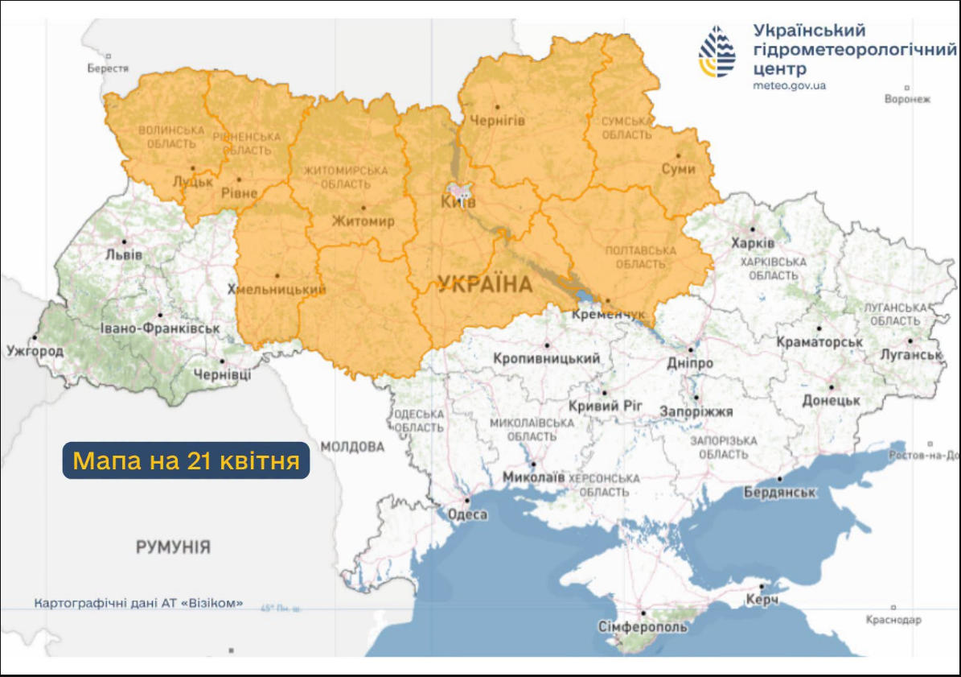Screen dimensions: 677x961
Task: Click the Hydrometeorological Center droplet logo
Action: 717,52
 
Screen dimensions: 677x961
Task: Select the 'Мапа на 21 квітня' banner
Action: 186,461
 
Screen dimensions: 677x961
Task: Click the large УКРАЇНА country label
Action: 485,284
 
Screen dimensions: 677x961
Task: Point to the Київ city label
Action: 458,202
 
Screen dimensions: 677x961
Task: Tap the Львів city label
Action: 123,254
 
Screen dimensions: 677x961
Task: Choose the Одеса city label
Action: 467,514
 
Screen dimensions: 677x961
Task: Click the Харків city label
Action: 753,243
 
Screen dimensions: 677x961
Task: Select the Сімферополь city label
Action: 643,626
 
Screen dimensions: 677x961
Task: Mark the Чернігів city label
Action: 497,120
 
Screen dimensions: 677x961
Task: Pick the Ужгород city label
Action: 35,351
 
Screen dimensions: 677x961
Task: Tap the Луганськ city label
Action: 910,354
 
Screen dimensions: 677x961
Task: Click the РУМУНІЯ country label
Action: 173,547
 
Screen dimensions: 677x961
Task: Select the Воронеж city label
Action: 906,100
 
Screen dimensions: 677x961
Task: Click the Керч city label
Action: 761,601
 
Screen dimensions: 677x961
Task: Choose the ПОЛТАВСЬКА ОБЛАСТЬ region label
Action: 640,258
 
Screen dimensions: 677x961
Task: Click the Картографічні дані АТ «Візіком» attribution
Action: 138,603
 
